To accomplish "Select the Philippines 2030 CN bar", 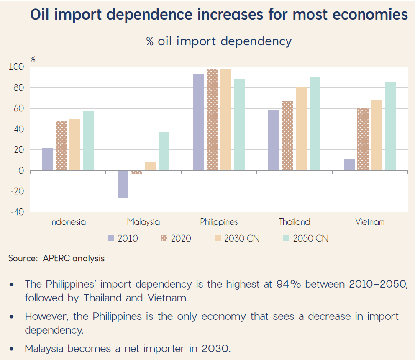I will pos(225,120).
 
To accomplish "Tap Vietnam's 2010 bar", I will pos(349,165).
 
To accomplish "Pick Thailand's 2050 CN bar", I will pos(315,123).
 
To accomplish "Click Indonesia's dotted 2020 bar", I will pos(61,146).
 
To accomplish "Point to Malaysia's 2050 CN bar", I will pos(164,151).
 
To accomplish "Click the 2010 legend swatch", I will pos(111,239).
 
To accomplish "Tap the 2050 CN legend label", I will pos(310,239).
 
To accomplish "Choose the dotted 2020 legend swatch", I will pos(164,239).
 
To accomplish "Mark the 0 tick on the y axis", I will pos(21,171).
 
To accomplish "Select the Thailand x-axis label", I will pos(295,222).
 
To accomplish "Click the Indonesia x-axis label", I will pos(68,222).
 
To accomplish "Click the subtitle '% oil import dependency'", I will pos(219,41).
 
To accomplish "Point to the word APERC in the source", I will pos(56,258).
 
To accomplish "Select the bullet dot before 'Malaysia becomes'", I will pos(12,349).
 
